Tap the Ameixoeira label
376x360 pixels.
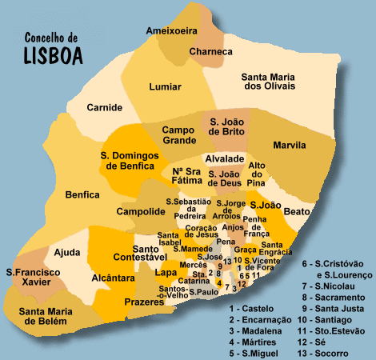coord(172,30)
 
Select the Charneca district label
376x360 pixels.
coord(210,52)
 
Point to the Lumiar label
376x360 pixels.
coord(166,88)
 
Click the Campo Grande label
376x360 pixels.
coord(178,134)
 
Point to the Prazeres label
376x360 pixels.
coord(144,302)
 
